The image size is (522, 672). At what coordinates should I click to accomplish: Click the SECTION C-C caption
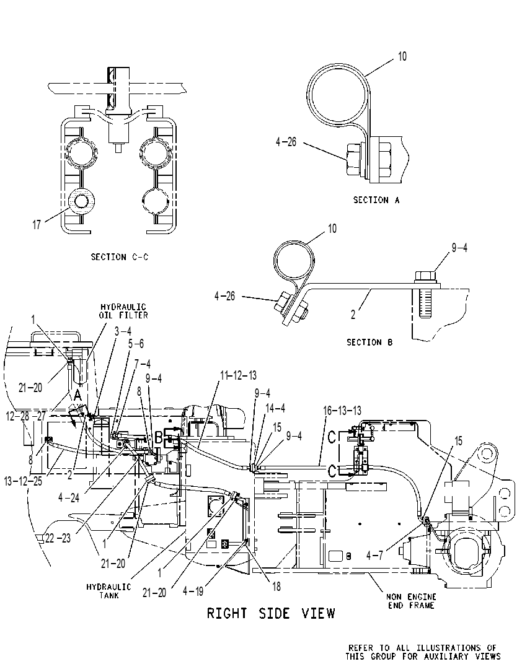pyautogui.click(x=120, y=257)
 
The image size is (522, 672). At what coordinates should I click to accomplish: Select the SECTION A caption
pyautogui.click(x=376, y=200)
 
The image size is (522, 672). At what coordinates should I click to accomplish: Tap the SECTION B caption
pyautogui.click(x=369, y=343)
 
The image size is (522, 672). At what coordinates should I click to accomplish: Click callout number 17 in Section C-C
pyautogui.click(x=37, y=224)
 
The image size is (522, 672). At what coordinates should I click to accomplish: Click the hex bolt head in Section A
pyautogui.click(x=355, y=159)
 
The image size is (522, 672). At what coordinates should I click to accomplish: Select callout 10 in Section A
pyautogui.click(x=402, y=56)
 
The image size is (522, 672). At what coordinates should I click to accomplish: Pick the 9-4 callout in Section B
pyautogui.click(x=459, y=248)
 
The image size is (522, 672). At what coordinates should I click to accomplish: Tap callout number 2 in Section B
pyautogui.click(x=353, y=315)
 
